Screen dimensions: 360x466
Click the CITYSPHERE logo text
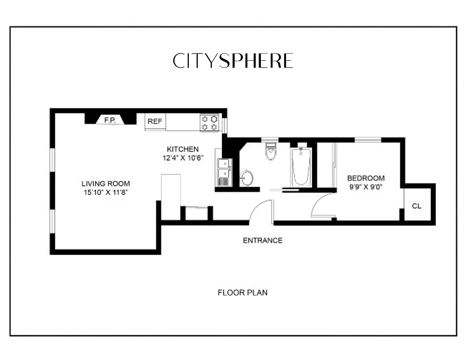[x=233, y=61]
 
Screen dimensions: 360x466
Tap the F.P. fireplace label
[x=109, y=120]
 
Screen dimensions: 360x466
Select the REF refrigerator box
[x=155, y=121]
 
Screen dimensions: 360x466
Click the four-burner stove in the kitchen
[x=210, y=123]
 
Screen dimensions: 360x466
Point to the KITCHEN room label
[x=183, y=149]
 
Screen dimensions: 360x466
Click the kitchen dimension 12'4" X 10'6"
[x=183, y=158]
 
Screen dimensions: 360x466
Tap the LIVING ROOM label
[x=106, y=184]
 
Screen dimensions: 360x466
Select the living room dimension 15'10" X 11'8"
[x=106, y=193]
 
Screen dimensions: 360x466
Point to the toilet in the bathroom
[x=270, y=152]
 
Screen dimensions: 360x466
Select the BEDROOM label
[x=366, y=178]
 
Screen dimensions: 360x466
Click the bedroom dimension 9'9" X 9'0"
[x=366, y=187]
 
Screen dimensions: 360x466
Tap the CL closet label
[x=417, y=206]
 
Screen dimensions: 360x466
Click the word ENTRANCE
[x=263, y=240]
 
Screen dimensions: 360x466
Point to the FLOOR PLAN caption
[x=242, y=292]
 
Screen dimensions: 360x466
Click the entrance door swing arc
[x=260, y=209]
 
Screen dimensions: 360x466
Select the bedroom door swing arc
[x=321, y=205]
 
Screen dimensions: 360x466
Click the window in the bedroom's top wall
[x=368, y=140]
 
